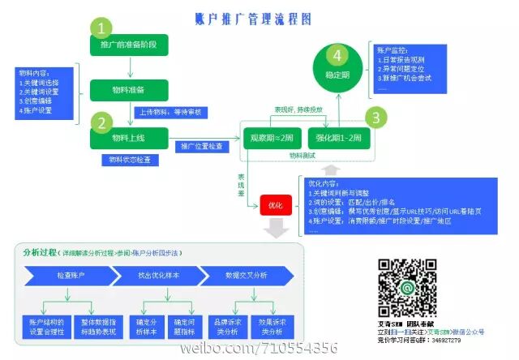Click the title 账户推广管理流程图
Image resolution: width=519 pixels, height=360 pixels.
coord(253,18)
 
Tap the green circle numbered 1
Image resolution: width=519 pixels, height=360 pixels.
coord(101,28)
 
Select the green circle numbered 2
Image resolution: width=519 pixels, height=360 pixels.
coord(101,123)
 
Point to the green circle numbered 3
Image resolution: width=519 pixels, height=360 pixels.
coord(375,117)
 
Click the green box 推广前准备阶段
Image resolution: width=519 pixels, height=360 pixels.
coord(129,45)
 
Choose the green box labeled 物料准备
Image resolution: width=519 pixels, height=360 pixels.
coord(129,88)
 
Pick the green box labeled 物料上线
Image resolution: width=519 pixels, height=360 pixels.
coord(128,138)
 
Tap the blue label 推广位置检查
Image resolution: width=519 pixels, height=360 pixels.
coord(202,146)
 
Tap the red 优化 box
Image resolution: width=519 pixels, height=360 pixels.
coord(275,206)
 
